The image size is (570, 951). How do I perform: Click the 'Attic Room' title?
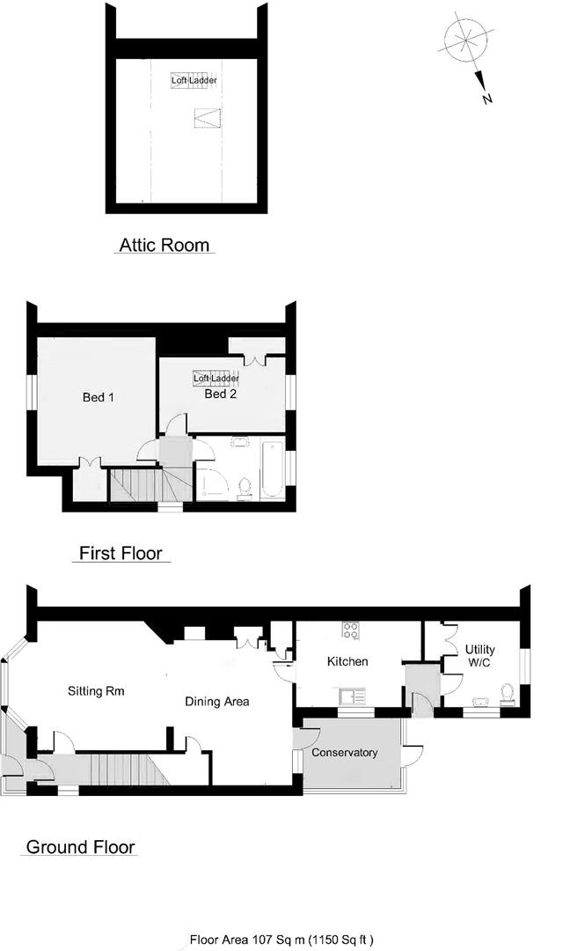pos(164,244)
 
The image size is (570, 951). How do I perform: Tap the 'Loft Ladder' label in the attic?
pos(194,80)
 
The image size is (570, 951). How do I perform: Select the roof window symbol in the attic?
pos(205,116)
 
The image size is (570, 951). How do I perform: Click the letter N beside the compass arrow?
pos(486,100)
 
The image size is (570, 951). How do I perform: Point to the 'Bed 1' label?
pos(99,397)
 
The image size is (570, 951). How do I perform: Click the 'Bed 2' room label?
pos(221,394)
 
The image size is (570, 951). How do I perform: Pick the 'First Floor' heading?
pos(121,554)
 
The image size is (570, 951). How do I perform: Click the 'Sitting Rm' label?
pos(96,691)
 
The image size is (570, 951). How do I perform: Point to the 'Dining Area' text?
pos(217,702)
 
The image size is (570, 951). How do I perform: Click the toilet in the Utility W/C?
pos(506,694)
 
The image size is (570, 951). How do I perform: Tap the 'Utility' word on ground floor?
pos(480,650)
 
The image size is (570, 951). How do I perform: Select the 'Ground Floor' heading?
pos(81,847)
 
